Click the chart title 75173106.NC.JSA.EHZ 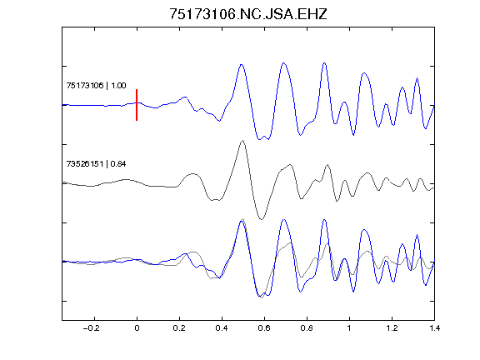[248, 14]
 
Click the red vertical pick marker [137, 105]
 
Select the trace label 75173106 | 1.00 [96, 85]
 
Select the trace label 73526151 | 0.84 [96, 164]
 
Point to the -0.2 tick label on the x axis [91, 328]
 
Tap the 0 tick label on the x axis [137, 328]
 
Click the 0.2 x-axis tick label [179, 328]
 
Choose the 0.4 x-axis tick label [222, 328]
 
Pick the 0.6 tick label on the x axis [264, 328]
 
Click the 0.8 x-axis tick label [307, 328]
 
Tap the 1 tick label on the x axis [349, 328]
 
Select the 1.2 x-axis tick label [392, 328]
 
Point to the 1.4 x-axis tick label [434, 328]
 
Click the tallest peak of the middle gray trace [242, 141]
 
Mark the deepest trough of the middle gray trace [262, 219]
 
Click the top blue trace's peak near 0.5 [242, 65]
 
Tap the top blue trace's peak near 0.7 [284, 63]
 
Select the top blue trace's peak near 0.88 [324, 63]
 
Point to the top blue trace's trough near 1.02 [353, 135]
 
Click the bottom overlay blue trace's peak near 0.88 [324, 220]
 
